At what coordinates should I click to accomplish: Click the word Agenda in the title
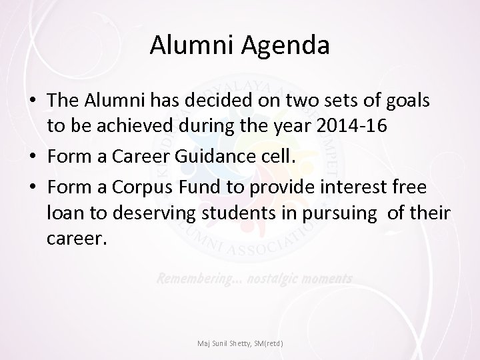click(287, 47)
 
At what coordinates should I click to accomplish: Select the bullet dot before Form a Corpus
click(33, 188)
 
